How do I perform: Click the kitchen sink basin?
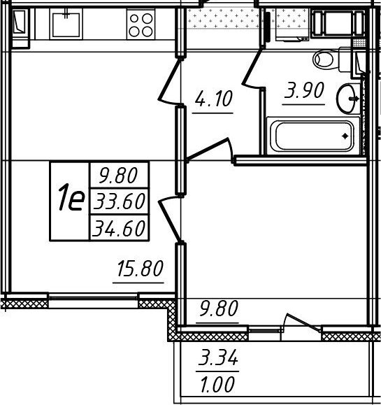pyautogui.click(x=66, y=24)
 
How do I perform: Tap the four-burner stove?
pyautogui.click(x=141, y=24)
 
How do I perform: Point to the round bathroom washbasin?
pyautogui.click(x=347, y=98)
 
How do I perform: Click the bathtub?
pyautogui.click(x=313, y=136)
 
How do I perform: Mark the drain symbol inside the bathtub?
pyautogui.click(x=345, y=136)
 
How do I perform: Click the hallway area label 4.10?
pyautogui.click(x=214, y=99)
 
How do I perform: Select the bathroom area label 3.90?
pyautogui.click(x=304, y=90)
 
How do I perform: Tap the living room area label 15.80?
pyautogui.click(x=140, y=269)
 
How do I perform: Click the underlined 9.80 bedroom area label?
pyautogui.click(x=218, y=308)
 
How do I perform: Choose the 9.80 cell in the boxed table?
pyautogui.click(x=119, y=175)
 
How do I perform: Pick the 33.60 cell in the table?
pyautogui.click(x=119, y=201)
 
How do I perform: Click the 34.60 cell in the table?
pyautogui.click(x=119, y=228)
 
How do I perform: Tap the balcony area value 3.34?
pyautogui.click(x=218, y=357)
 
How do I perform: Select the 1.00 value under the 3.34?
pyautogui.click(x=217, y=384)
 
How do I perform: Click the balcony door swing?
pyautogui.click(x=302, y=322)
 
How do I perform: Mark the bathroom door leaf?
pyautogui.click(x=251, y=69)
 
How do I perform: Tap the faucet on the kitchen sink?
pyautogui.click(x=66, y=13)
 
